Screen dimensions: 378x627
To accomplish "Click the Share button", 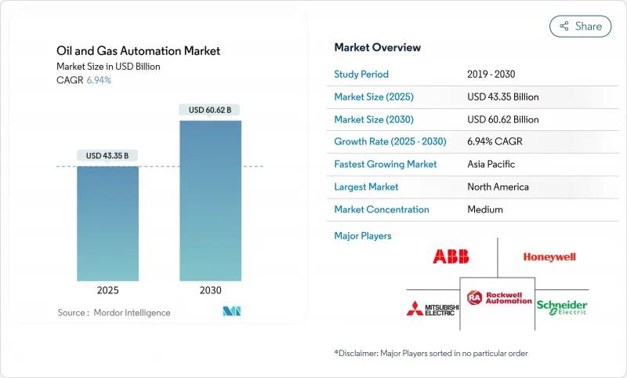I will (x=580, y=26).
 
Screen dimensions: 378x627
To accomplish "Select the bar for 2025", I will (x=107, y=223).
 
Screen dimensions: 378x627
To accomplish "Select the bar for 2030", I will (x=210, y=200).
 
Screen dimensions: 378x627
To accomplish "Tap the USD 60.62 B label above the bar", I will (x=210, y=111).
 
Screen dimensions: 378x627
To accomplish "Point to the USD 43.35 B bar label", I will (x=107, y=156).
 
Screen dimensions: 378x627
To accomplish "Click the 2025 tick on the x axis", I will (x=107, y=290).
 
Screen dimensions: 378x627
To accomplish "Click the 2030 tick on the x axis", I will (x=210, y=290).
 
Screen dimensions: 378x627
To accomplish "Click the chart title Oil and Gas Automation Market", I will (x=138, y=51).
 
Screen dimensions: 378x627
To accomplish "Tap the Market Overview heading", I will (x=377, y=48).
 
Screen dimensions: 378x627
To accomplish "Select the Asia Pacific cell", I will (x=492, y=165).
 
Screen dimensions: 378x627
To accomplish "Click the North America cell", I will (x=498, y=187).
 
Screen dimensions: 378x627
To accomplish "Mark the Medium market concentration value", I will (x=484, y=209).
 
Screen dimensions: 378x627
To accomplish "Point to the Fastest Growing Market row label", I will (x=385, y=165).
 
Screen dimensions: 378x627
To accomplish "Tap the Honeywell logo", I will (x=549, y=256).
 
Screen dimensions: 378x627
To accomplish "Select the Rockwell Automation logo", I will (x=498, y=298).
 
